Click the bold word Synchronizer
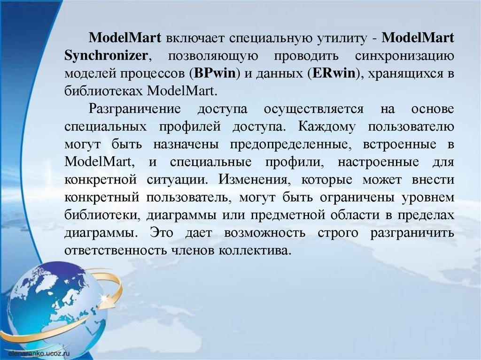coord(106,56)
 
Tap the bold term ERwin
coord(333,74)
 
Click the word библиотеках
coord(104,91)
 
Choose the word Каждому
coord(327,127)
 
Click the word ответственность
coord(116,251)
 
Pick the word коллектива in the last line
coord(254,251)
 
